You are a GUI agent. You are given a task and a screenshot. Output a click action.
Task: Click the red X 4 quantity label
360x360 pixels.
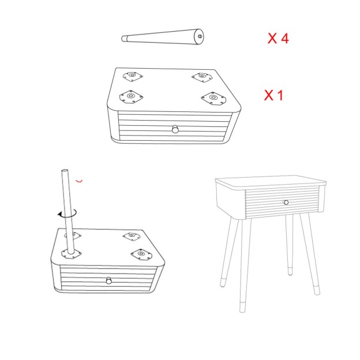(278, 38)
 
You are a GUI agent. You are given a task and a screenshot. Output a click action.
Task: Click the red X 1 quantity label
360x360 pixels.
(273, 95)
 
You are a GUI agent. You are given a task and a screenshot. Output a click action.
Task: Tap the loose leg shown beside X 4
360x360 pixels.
(163, 37)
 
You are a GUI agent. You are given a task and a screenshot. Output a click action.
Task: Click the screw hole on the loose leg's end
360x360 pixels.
(200, 36)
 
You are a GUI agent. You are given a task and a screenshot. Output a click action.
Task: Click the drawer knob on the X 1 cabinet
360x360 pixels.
(175, 129)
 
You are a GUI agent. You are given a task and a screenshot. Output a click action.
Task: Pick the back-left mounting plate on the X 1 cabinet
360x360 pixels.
(133, 77)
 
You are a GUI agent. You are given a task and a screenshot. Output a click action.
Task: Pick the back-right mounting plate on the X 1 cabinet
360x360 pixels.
(202, 77)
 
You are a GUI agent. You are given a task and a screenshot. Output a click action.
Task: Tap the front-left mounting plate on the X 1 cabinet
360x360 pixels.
(131, 96)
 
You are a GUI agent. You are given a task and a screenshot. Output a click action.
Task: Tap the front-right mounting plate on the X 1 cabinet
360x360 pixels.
(213, 98)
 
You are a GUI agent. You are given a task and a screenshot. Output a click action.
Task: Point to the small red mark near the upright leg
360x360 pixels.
(79, 181)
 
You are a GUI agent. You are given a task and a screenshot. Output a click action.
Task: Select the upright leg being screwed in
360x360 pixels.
(67, 211)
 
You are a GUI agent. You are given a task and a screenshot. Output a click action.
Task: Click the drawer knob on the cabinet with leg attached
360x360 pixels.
(109, 280)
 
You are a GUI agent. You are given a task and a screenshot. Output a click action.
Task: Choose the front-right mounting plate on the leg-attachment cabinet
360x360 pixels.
(141, 254)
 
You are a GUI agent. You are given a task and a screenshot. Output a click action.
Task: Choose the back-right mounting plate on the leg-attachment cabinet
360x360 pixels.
(132, 237)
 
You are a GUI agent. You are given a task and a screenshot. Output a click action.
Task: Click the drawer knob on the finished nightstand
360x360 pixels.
(286, 202)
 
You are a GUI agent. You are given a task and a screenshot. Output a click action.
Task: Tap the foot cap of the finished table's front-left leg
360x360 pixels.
(242, 307)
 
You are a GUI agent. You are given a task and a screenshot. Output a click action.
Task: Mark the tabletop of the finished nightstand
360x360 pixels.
(271, 182)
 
